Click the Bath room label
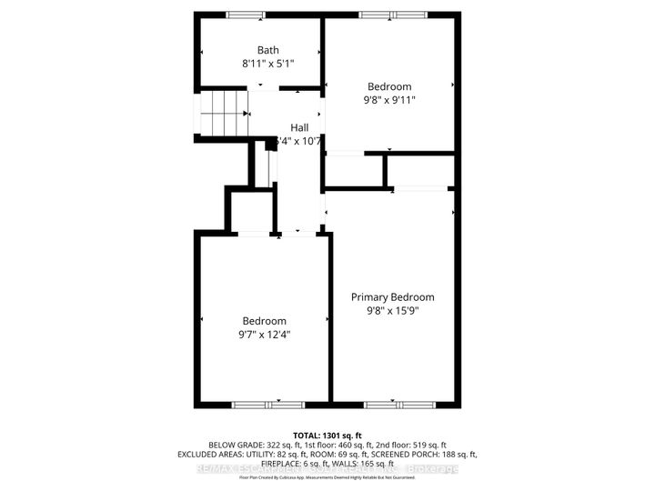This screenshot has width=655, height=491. pyautogui.click(x=268, y=50)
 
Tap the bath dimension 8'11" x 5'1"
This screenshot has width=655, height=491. pyautogui.click(x=268, y=65)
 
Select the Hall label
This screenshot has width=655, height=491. pyautogui.click(x=299, y=127)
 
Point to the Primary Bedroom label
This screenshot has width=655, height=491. pyautogui.click(x=393, y=297)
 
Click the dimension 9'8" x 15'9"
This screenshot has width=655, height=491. pyautogui.click(x=393, y=311)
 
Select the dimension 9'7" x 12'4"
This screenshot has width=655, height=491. pyautogui.click(x=264, y=335)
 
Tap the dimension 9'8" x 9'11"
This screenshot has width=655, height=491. pyautogui.click(x=390, y=102)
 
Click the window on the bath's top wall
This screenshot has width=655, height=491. pyautogui.click(x=246, y=14)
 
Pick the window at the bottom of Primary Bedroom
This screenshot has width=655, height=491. pyautogui.click(x=393, y=403)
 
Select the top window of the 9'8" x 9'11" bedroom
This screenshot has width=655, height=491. pyautogui.click(x=392, y=14)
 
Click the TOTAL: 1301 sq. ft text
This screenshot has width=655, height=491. pyautogui.click(x=327, y=434)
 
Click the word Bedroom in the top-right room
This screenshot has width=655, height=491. pyautogui.click(x=390, y=87)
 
